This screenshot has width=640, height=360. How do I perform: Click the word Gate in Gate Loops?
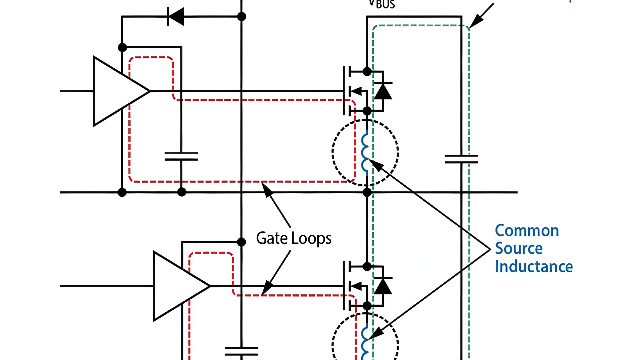(x=272, y=238)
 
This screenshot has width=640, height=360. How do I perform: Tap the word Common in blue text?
(x=527, y=231)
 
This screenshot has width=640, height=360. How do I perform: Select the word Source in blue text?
(x=519, y=249)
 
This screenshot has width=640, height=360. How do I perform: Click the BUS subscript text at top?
(x=385, y=5)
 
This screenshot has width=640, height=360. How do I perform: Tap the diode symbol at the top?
(x=176, y=17)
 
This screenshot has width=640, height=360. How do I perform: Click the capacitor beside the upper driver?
(x=181, y=156)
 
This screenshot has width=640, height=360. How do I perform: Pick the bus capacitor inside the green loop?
(x=461, y=159)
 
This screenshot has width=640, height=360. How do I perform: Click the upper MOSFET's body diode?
(x=383, y=91)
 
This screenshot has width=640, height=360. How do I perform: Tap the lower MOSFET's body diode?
(x=383, y=286)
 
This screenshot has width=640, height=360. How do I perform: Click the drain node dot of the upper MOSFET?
(x=367, y=71)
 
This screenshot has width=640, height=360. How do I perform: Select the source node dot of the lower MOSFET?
(x=367, y=306)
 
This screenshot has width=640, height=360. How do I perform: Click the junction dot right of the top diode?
(x=242, y=17)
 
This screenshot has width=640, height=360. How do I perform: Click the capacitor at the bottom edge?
(x=242, y=351)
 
